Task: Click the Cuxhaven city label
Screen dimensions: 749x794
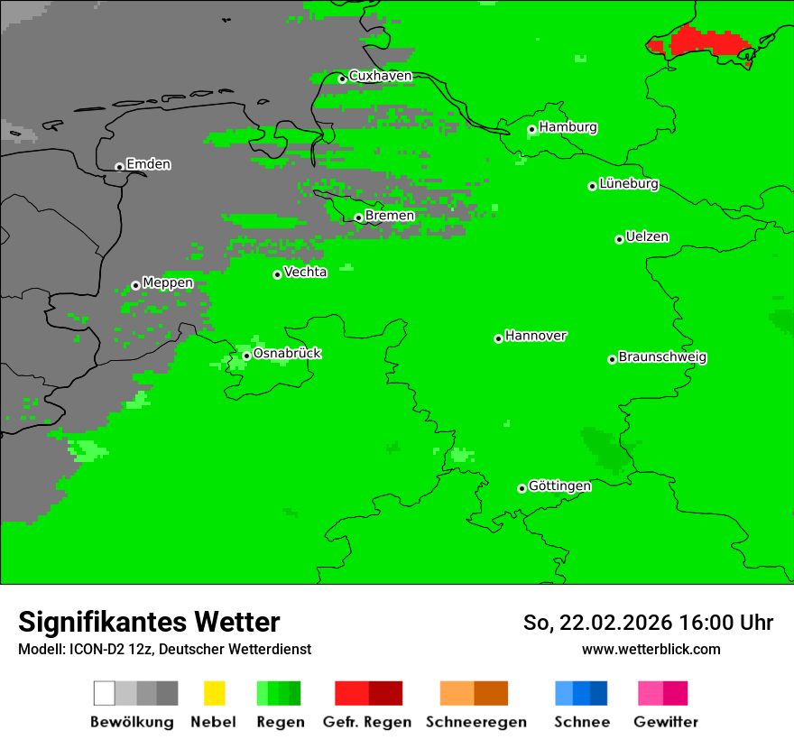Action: pos(380,76)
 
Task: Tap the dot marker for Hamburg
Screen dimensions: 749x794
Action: pos(531,129)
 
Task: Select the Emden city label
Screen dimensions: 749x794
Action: pos(148,164)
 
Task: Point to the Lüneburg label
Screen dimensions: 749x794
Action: pos(629,183)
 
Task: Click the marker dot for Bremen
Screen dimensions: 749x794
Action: pos(358,217)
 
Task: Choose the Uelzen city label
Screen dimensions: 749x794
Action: pos(647,236)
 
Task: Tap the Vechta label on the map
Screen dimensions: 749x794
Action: pos(305,272)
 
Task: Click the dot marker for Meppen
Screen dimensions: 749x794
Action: pos(135,285)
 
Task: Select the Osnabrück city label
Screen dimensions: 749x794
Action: pos(287,353)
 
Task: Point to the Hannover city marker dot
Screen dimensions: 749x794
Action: pos(498,338)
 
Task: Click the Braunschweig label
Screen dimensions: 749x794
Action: pos(662,356)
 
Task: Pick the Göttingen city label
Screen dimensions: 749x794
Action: pos(559,485)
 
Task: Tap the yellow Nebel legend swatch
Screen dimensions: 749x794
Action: pos(214,693)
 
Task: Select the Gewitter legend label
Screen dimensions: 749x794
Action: pos(665,722)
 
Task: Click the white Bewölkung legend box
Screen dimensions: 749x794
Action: pos(105,693)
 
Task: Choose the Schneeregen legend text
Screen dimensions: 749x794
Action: pos(476,722)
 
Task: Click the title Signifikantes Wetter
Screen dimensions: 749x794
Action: pos(149,622)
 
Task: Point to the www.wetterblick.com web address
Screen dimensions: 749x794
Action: pos(651,649)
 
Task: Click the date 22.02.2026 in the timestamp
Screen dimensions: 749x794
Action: pos(615,623)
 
